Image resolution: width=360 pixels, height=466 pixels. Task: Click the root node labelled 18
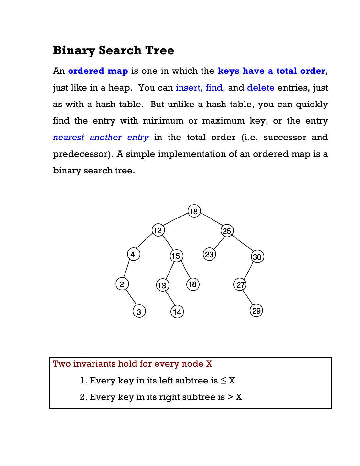(194, 211)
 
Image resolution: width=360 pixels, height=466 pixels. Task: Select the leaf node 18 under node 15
(192, 284)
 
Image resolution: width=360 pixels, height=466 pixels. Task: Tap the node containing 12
(158, 230)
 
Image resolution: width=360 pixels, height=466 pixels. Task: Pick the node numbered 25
(227, 231)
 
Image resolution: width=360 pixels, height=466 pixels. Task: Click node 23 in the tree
(209, 254)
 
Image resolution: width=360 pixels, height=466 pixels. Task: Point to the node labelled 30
(257, 257)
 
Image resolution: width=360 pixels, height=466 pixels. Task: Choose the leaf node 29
(256, 311)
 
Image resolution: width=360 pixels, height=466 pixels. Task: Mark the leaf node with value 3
(139, 312)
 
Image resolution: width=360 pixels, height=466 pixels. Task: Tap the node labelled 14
(177, 312)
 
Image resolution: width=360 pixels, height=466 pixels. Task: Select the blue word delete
(261, 88)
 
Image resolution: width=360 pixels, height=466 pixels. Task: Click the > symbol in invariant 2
(230, 397)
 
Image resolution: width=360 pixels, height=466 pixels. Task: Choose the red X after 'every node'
(209, 364)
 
